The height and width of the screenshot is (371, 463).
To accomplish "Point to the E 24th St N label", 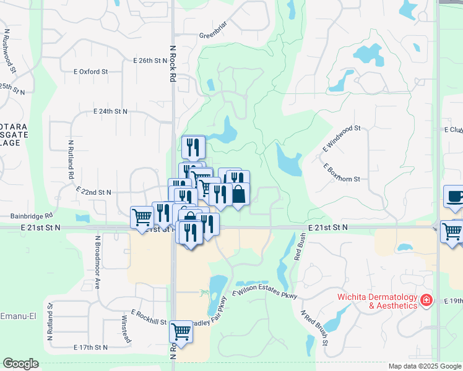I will [110, 111].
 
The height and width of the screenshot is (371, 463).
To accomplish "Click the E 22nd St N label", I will [93, 192].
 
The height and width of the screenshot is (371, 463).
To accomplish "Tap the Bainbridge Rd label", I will [32, 216].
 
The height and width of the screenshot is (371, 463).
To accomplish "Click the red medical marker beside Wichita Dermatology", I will [426, 301].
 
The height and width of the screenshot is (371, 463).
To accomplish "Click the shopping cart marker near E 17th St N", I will [181, 332].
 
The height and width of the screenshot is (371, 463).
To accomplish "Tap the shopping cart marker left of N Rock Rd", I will [142, 217].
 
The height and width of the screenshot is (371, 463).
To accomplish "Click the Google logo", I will [20, 364].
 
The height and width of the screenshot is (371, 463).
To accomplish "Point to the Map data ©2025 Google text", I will [423, 366].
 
